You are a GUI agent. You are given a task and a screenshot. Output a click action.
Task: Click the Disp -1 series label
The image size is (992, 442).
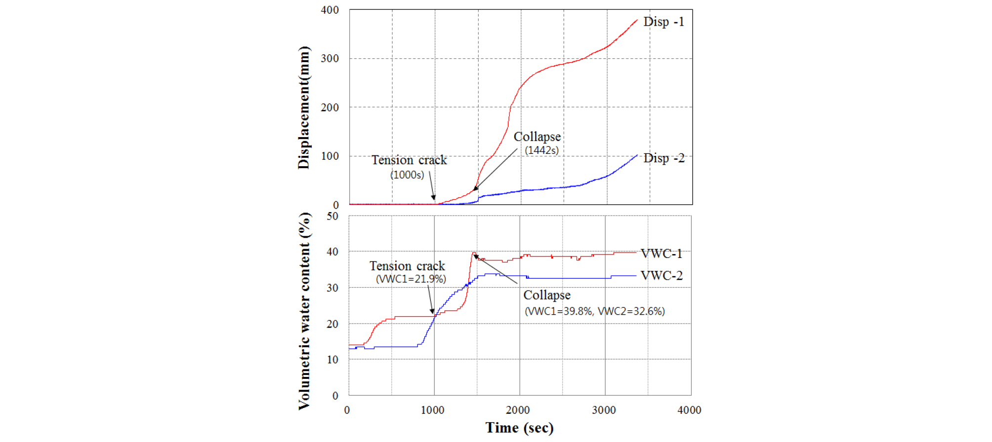pyautogui.click(x=663, y=22)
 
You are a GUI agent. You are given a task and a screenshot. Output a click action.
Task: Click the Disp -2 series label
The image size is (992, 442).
pyautogui.click(x=663, y=158)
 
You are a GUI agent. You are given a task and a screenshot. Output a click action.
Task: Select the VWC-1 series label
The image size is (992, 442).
pyautogui.click(x=661, y=254)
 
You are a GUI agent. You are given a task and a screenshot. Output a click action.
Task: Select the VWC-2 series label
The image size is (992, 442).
pyautogui.click(x=661, y=276)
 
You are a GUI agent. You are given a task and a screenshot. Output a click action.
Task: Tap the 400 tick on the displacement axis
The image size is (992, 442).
pyautogui.click(x=330, y=10)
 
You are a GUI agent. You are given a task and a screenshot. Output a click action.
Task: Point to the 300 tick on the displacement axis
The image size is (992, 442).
pyautogui.click(x=330, y=59)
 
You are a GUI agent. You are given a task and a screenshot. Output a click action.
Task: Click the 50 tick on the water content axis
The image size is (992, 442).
pyautogui.click(x=332, y=217)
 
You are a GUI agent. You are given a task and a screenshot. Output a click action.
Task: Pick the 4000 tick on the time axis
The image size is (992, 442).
pyautogui.click(x=689, y=410)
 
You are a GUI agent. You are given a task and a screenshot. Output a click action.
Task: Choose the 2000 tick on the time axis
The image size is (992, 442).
pyautogui.click(x=518, y=410)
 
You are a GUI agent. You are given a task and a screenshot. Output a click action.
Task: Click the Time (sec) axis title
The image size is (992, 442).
pyautogui.click(x=519, y=428)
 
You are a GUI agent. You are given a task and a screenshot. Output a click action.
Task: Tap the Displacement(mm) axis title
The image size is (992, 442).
pyautogui.click(x=304, y=108)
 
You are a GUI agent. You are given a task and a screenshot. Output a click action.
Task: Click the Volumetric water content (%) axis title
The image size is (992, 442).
pyautogui.click(x=304, y=311)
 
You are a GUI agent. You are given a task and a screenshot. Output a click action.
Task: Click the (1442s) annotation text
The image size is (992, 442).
pyautogui.click(x=541, y=150)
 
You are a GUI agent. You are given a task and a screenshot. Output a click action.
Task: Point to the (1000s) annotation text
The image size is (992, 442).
pyautogui.click(x=407, y=175)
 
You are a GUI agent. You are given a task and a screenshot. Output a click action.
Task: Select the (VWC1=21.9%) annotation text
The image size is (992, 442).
pyautogui.click(x=411, y=279)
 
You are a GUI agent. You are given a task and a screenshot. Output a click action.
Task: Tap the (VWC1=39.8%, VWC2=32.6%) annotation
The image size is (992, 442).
pyautogui.click(x=595, y=311)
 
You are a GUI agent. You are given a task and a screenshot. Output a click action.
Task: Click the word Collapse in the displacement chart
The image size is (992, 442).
pyautogui.click(x=537, y=137)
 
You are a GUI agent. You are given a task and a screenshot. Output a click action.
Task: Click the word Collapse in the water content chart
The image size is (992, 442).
pyautogui.click(x=547, y=295)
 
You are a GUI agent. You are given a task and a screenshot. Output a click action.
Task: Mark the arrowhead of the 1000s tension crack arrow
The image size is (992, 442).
pyautogui.click(x=434, y=198)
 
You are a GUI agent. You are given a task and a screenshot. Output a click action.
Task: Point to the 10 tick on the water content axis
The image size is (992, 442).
pyautogui.click(x=332, y=360)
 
